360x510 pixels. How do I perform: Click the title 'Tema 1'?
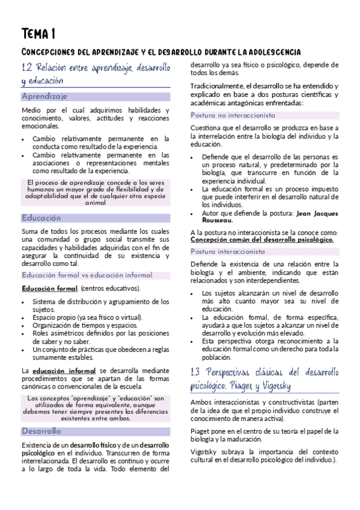(x=38, y=33)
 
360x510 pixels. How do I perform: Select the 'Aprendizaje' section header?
(x=44, y=96)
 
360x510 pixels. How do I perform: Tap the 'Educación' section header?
(x=41, y=218)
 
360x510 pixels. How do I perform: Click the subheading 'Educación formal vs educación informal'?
(x=87, y=275)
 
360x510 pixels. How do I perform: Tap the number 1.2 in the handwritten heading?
(x=27, y=67)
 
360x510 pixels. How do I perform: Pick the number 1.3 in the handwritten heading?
(x=196, y=372)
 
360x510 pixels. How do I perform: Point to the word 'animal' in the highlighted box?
(x=96, y=203)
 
